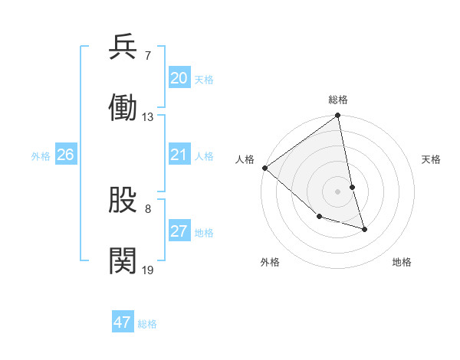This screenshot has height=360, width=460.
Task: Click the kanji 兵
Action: point(123,47)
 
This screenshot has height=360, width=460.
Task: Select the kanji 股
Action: point(123,201)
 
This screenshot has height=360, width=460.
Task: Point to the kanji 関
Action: point(123,260)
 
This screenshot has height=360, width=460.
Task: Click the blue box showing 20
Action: point(179,78)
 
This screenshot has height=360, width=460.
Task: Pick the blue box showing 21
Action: point(179,155)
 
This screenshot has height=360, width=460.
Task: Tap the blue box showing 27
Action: point(179,232)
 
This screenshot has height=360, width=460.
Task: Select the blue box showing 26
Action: point(65,155)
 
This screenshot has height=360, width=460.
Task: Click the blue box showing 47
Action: point(123,322)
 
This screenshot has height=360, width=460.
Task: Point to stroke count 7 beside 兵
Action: point(147,56)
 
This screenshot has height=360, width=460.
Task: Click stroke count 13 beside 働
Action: point(148,117)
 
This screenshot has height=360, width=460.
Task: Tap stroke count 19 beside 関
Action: point(148,270)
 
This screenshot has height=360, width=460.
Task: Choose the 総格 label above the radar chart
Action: point(338,100)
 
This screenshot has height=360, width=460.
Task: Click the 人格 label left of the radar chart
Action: point(244,159)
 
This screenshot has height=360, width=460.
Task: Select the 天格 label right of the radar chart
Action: point(432,159)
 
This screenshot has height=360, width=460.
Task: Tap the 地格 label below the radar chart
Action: point(402,262)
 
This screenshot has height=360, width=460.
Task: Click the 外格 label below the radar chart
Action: point(270,262)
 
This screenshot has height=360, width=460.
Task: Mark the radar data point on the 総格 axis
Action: point(338,116)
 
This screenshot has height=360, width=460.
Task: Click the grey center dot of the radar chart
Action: point(338,191)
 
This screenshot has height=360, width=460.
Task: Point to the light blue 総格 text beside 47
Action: point(147,324)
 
